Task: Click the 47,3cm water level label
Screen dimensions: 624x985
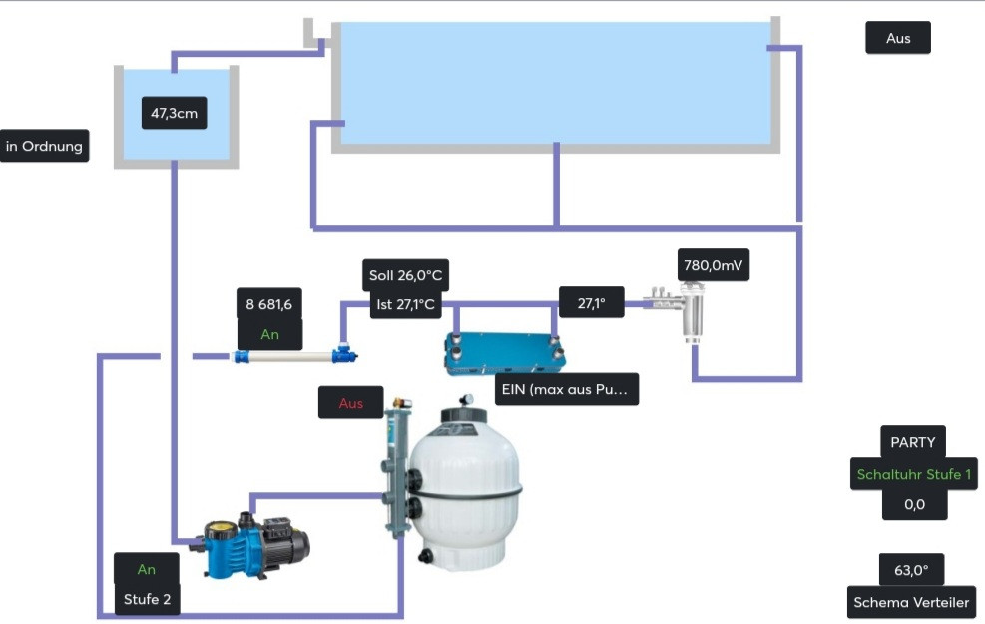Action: (x=175, y=113)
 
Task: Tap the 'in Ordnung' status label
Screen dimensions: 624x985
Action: (x=45, y=146)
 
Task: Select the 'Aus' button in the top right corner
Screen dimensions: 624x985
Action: (x=898, y=39)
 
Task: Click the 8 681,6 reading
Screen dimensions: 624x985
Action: (x=269, y=304)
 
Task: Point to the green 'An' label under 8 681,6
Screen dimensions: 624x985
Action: (x=269, y=334)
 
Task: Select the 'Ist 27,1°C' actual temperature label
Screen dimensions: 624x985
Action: (x=405, y=305)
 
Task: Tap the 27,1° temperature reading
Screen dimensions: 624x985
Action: (x=591, y=302)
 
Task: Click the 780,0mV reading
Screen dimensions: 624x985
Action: (x=714, y=266)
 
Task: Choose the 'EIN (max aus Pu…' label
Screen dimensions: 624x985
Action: (x=567, y=389)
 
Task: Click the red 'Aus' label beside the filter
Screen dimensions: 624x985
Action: (x=351, y=403)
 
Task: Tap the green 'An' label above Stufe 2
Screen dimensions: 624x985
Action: (x=147, y=569)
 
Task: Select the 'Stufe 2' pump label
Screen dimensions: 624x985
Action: (x=147, y=599)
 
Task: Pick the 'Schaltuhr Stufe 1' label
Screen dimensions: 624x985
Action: (x=913, y=474)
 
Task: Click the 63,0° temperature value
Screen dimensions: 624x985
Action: (x=911, y=570)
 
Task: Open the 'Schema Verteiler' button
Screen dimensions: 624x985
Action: (x=911, y=602)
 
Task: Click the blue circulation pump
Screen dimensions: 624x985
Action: (x=254, y=546)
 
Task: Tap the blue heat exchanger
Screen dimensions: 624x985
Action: (x=504, y=352)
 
